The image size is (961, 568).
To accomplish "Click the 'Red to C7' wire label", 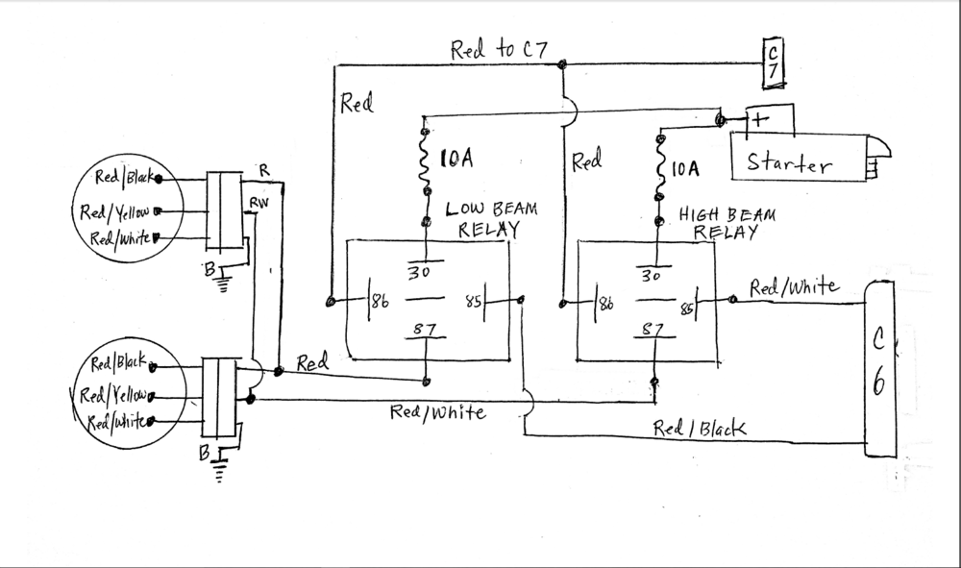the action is pos(499,50).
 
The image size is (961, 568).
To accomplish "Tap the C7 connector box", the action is pos(773,62).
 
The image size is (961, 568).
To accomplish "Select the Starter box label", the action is pos(789,163).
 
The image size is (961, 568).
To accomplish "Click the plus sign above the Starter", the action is pos(759,119).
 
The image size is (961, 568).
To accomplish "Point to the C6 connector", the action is pos(880,369).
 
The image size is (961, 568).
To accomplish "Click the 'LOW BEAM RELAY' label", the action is pos(491,219).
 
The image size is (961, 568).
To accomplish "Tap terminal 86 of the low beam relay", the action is pos(380,301).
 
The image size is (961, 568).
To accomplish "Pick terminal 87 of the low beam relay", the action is pos(424,329).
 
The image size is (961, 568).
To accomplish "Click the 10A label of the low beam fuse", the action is pos(456,159).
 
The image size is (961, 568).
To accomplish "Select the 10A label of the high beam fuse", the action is pos(685,168).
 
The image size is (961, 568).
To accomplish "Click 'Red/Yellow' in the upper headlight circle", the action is pos(114,212).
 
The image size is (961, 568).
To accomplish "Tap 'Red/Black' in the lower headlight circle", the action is pos(118,362).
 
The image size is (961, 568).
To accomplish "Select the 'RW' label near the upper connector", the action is pos(259,202).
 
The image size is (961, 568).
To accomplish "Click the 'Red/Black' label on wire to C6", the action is pos(700,429).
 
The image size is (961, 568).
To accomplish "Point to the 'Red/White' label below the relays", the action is pos(438,411).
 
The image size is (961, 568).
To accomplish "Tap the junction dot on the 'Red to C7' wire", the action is pos(561,64).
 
